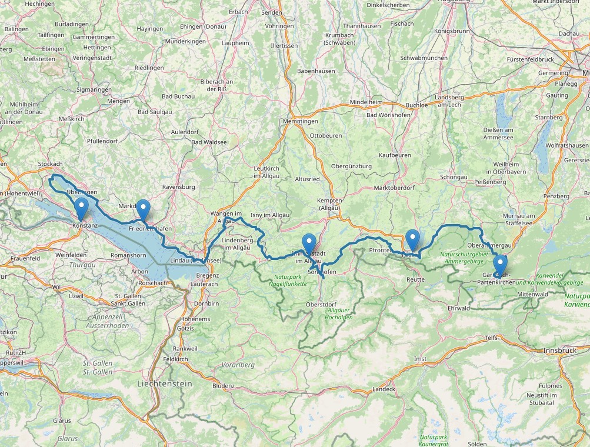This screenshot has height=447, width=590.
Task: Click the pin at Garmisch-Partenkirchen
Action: coord(500,265)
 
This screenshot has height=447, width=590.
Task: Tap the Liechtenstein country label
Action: coord(164,383)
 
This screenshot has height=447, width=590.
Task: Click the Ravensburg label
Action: coord(178,187)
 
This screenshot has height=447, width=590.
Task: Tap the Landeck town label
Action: coord(384,389)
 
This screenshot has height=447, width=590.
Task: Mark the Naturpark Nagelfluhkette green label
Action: coord(290,280)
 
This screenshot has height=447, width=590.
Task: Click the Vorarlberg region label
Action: coord(238,365)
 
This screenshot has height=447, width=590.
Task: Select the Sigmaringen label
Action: coord(94,89)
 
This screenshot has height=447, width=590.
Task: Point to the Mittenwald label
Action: coord(533,294)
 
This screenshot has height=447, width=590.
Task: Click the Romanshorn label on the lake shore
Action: coord(128,255)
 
